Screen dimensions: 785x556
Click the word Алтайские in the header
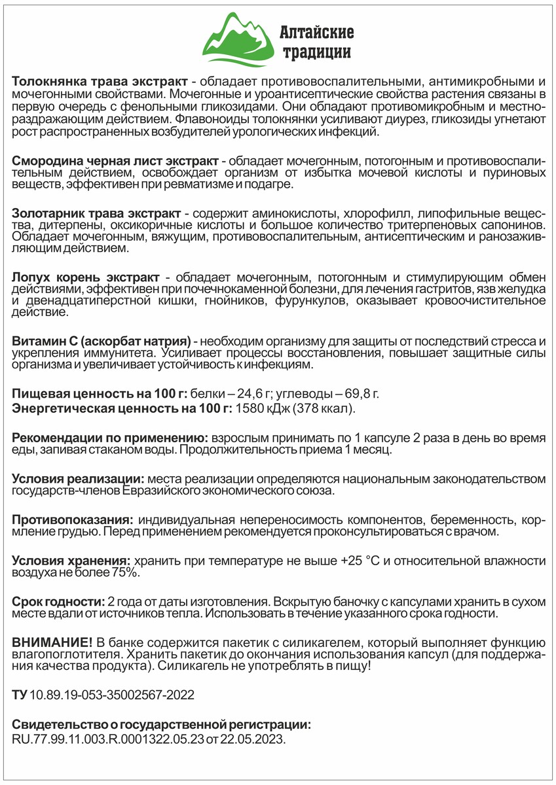point(317,31)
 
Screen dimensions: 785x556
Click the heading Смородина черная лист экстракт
point(116,161)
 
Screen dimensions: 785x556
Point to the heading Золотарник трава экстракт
point(97,215)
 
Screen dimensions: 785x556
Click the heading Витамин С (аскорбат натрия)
point(102,341)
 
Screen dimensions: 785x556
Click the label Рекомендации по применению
point(110,438)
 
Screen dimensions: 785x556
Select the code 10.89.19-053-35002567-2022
point(111,695)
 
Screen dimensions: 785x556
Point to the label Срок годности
point(58,601)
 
